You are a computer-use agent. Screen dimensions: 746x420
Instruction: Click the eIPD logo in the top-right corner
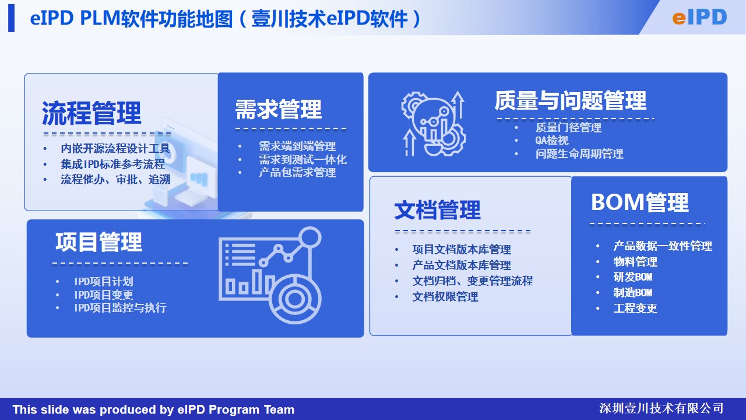699,17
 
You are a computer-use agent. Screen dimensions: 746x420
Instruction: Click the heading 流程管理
92,113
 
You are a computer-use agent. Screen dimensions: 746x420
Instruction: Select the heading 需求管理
279,109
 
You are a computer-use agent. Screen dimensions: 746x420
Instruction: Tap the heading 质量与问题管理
571,100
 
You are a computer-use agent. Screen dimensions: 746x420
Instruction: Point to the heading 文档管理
437,210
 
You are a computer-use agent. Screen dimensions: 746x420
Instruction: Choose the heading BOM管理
640,202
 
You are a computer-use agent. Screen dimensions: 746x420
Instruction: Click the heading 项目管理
99,242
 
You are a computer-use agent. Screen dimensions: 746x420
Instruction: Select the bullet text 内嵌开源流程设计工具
115,148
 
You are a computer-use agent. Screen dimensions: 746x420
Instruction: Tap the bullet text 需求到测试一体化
302,160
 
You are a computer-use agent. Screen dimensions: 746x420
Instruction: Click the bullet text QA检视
552,141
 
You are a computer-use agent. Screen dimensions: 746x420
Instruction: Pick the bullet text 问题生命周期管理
579,153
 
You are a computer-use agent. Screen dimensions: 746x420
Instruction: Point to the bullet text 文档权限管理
445,297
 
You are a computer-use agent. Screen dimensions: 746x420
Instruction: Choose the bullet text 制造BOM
633,293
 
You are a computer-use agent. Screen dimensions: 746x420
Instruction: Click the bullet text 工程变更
635,309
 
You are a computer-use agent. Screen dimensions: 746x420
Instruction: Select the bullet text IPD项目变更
104,295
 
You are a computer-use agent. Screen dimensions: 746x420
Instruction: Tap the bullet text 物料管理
635,262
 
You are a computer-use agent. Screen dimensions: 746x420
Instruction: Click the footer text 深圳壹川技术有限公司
661,408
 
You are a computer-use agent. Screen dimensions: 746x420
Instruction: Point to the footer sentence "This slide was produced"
153,409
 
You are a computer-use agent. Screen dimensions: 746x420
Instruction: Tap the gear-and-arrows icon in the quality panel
433,124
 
